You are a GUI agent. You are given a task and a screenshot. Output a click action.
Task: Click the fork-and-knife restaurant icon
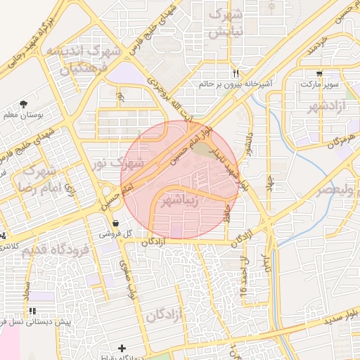click(236, 73)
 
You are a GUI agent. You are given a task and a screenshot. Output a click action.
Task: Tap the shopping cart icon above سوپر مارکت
click(320, 73)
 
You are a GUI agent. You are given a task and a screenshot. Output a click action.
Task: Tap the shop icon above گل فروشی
click(115, 223)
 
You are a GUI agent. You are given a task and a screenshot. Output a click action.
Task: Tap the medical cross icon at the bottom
click(123, 348)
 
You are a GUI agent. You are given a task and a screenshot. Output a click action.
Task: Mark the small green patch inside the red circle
click(201, 149)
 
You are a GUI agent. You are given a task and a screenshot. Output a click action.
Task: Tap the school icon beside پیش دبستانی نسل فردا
click(32, 311)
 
